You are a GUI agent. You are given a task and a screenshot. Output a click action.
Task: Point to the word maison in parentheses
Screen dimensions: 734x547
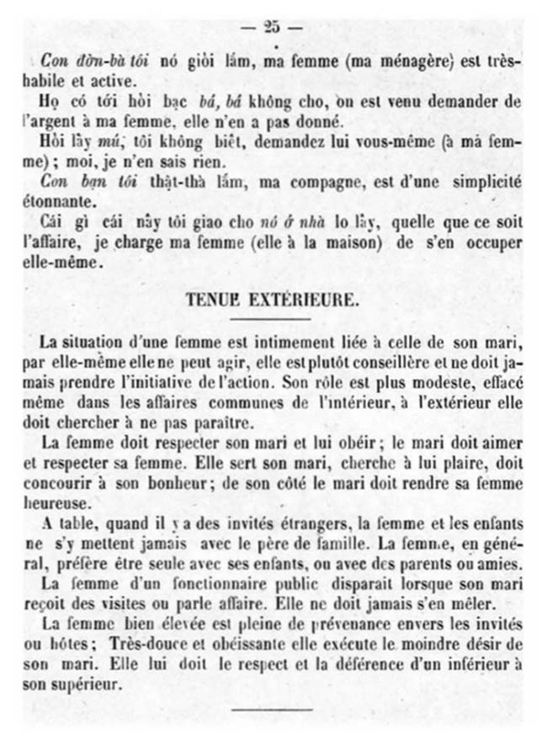click(315, 242)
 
